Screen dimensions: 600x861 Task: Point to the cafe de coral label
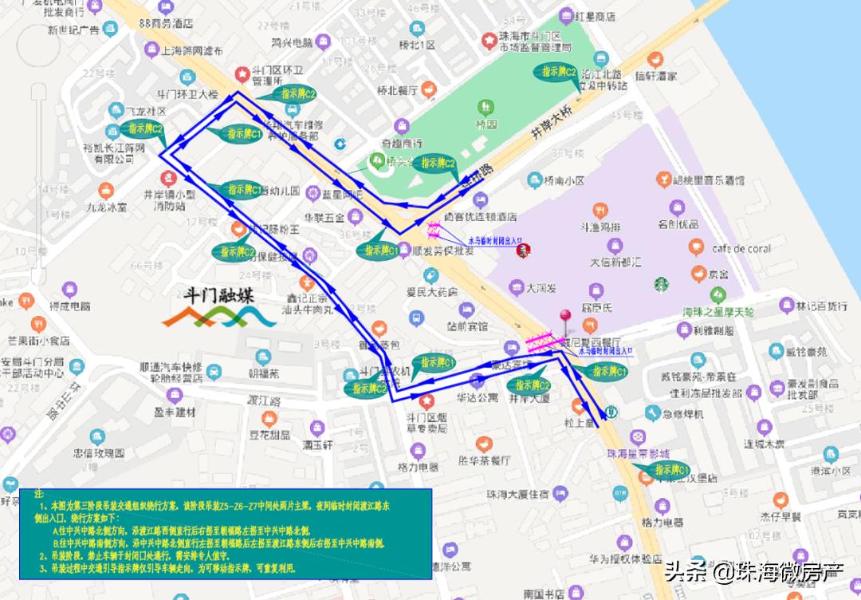coord(741,248)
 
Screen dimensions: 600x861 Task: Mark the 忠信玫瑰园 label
coord(99,452)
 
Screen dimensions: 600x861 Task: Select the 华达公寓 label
coord(478,396)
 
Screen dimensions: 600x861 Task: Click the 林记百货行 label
coord(821,305)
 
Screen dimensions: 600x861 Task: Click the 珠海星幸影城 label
coord(636,453)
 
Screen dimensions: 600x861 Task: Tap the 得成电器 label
coord(70,306)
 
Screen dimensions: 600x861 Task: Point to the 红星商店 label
coord(594,15)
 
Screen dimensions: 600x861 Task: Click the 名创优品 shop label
coord(678,224)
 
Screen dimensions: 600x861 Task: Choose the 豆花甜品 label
coord(269,435)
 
